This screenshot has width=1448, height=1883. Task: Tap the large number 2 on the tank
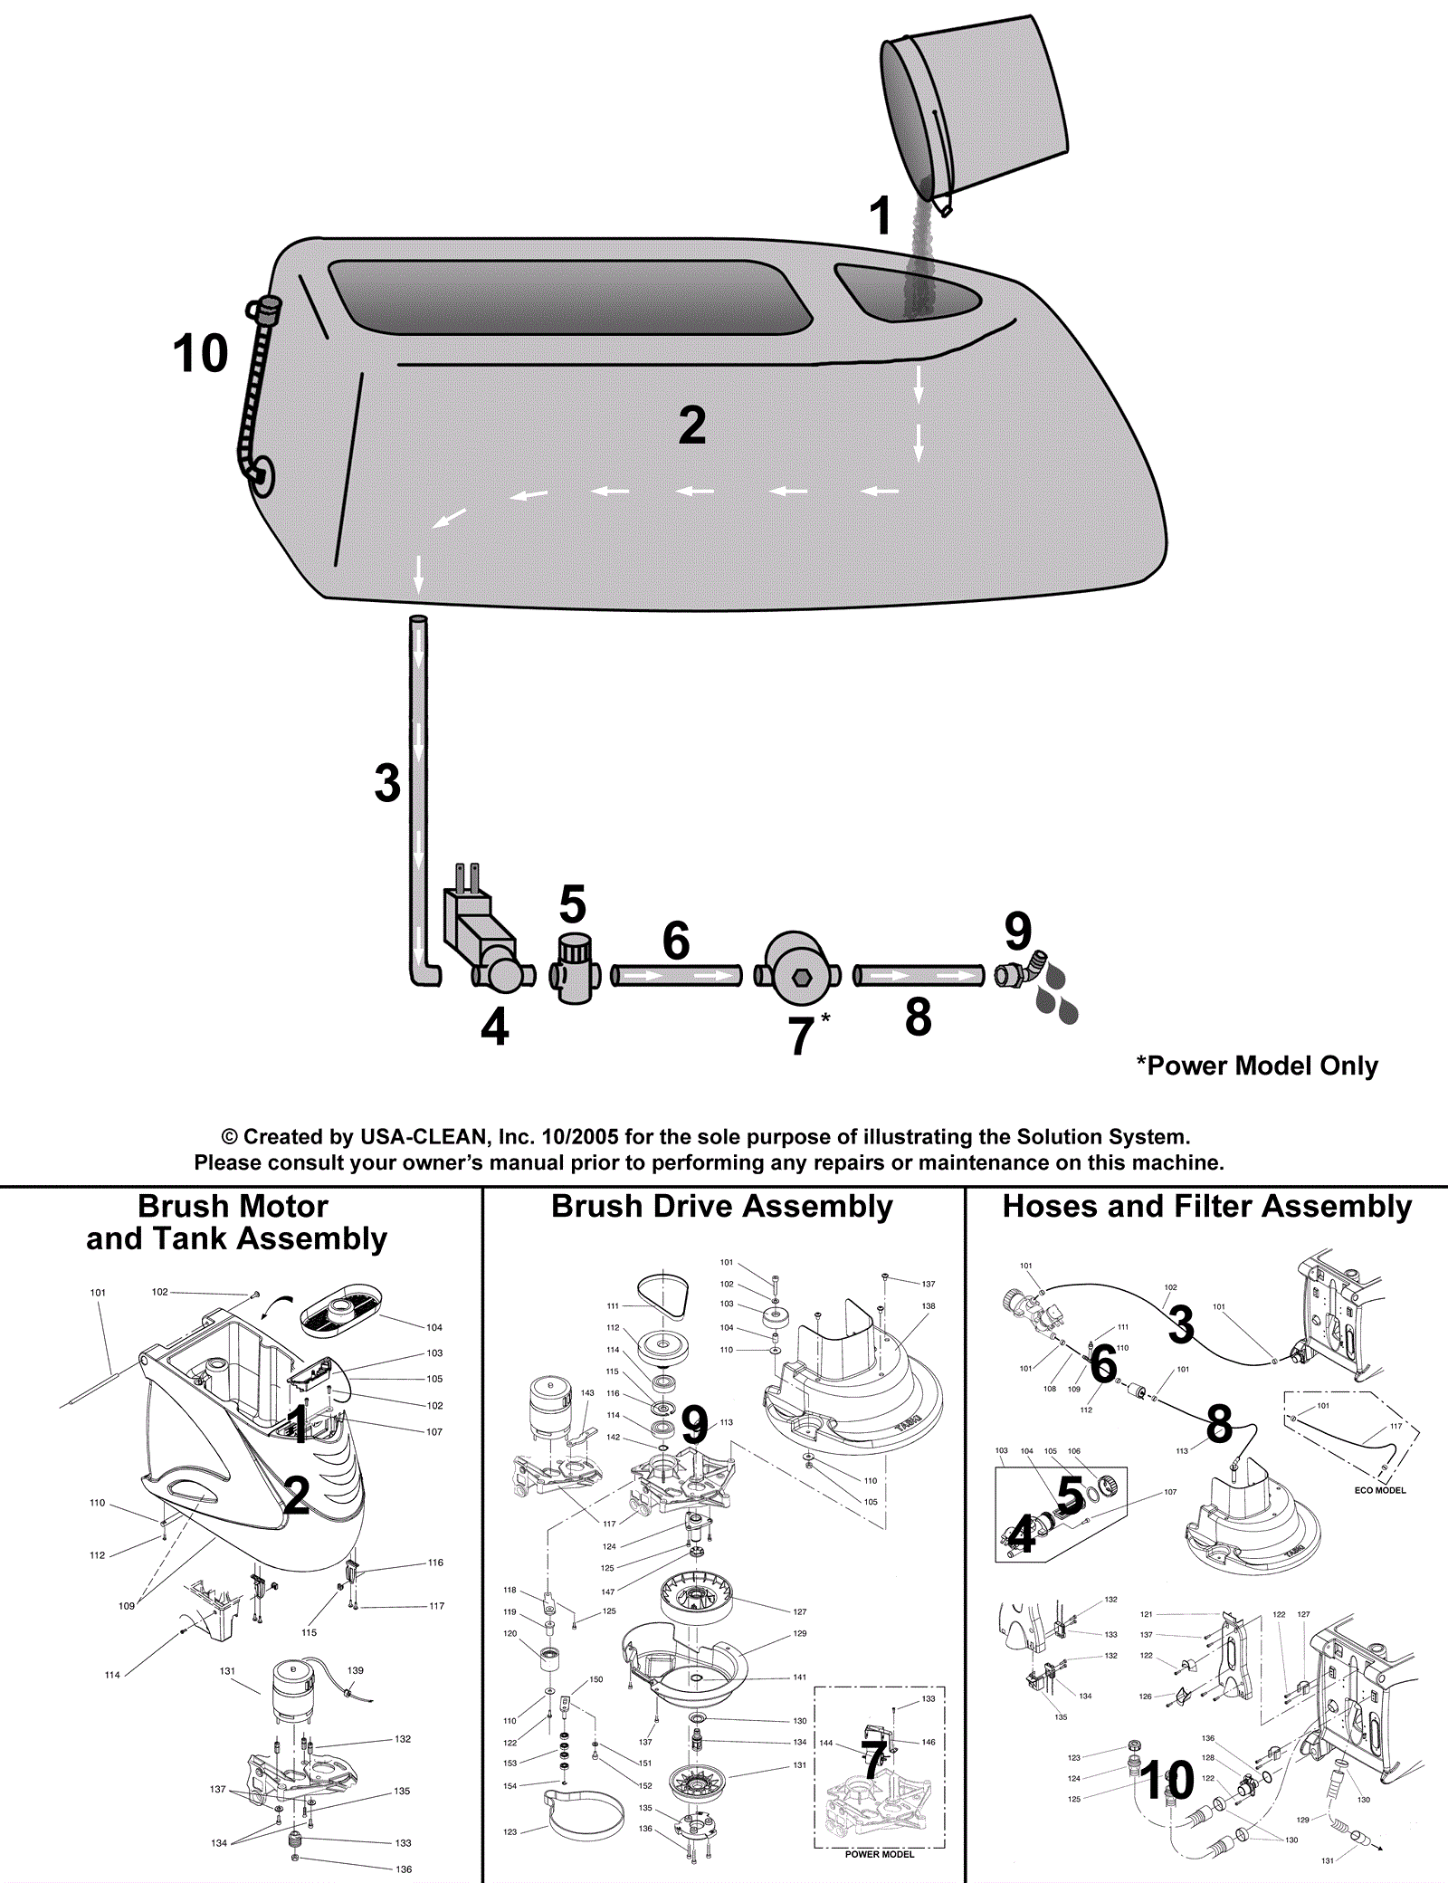pos(692,425)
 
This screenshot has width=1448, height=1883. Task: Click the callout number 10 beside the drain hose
pos(200,353)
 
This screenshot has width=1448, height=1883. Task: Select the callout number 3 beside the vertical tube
pos(387,783)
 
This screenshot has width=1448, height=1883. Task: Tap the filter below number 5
pos(575,969)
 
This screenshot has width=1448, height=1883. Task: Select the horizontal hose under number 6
pos(677,976)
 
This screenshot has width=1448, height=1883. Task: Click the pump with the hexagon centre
pos(799,969)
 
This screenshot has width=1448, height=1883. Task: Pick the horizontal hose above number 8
pos(919,976)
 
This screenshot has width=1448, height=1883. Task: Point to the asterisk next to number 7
pos(825,1019)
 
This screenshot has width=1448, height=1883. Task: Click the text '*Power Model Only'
pos(1257,1066)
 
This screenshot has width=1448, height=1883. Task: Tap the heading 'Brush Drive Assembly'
pos(722,1207)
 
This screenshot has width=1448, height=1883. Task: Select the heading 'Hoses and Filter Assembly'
pos(1207,1207)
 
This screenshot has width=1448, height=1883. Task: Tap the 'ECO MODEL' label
pos(1380,1490)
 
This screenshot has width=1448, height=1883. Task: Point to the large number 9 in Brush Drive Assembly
pos(694,1426)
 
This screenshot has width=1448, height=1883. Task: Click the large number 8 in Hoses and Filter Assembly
pos(1219,1424)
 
